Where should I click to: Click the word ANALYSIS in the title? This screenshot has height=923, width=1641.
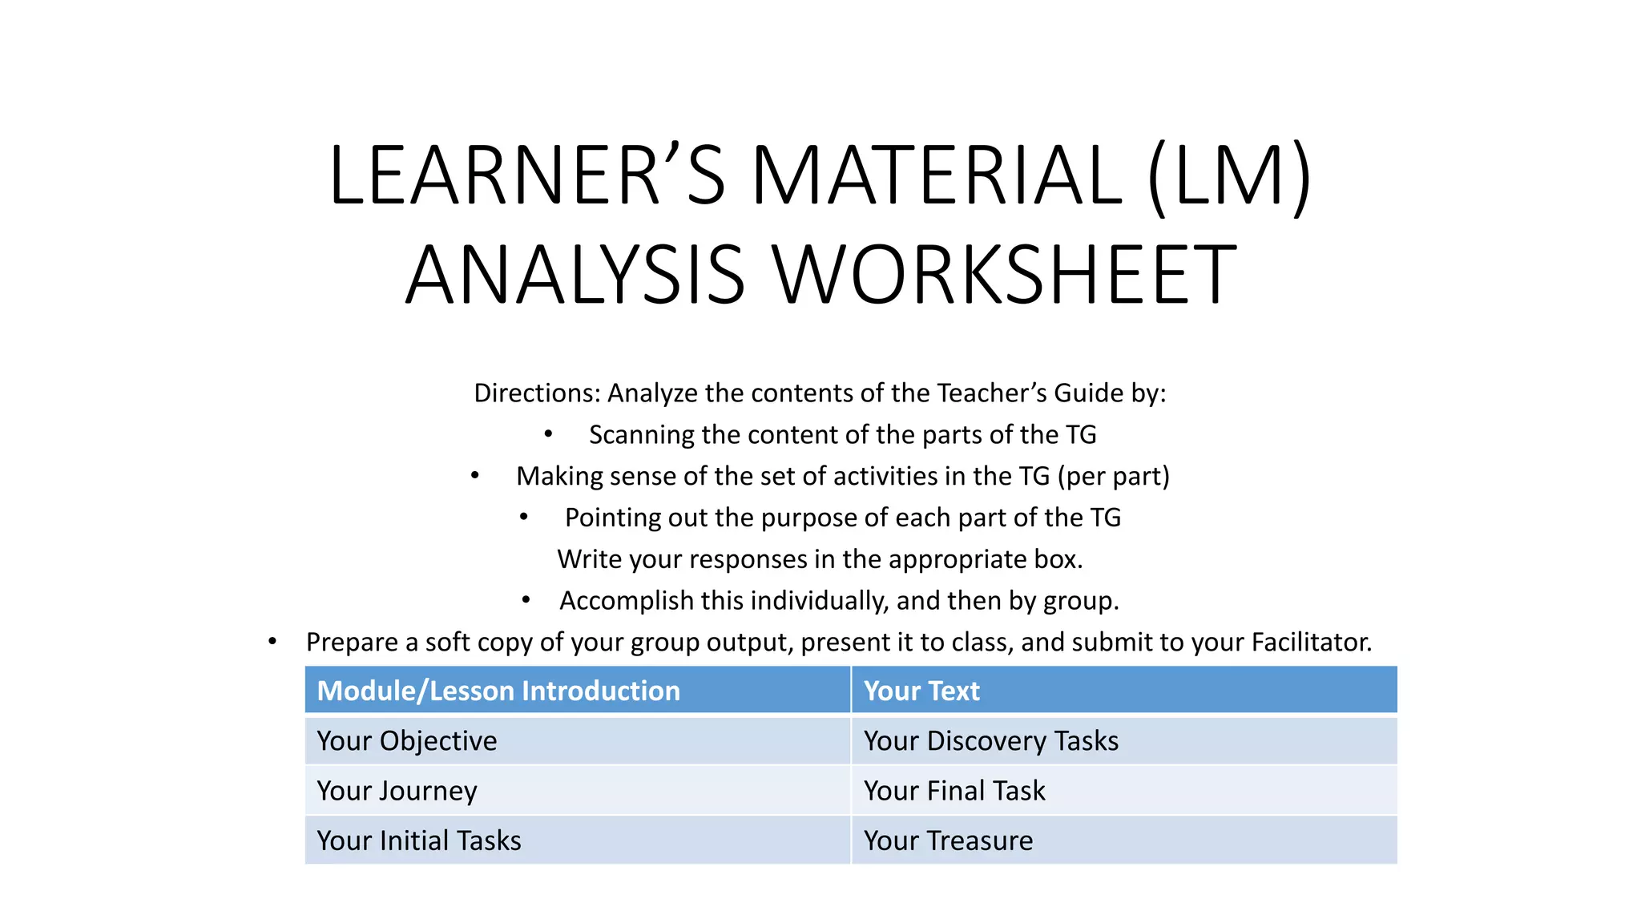point(575,275)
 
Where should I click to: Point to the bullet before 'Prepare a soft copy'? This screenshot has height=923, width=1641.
point(272,642)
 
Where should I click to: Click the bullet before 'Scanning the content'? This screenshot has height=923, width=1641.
point(548,434)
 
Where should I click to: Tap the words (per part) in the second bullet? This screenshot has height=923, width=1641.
point(1114,477)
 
